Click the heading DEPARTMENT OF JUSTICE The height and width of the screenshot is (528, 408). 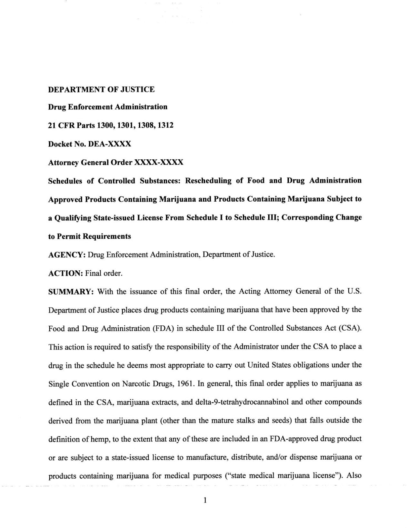tap(101, 89)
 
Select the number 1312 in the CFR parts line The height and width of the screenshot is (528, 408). tap(165, 125)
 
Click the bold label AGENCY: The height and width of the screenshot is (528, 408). tap(67, 255)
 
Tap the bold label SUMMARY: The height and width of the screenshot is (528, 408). tap(71, 292)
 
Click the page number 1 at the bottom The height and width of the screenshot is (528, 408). tap(205, 501)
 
